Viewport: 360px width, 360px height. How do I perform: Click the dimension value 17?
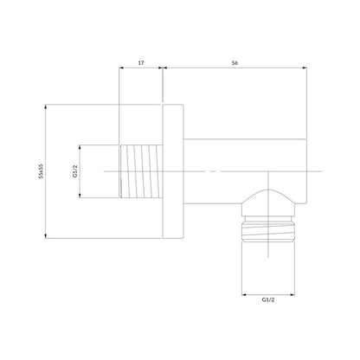pos(141,62)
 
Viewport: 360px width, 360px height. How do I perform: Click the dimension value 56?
pos(235,62)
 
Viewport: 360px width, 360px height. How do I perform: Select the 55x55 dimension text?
pos(42,171)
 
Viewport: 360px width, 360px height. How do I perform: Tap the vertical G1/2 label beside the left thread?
pos(75,171)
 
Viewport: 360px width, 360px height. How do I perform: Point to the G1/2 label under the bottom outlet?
pos(268,299)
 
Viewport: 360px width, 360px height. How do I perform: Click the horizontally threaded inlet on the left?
pos(141,171)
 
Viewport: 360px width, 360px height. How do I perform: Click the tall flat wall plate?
pos(173,171)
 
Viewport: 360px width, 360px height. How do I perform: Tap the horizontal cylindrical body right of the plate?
pos(245,171)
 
